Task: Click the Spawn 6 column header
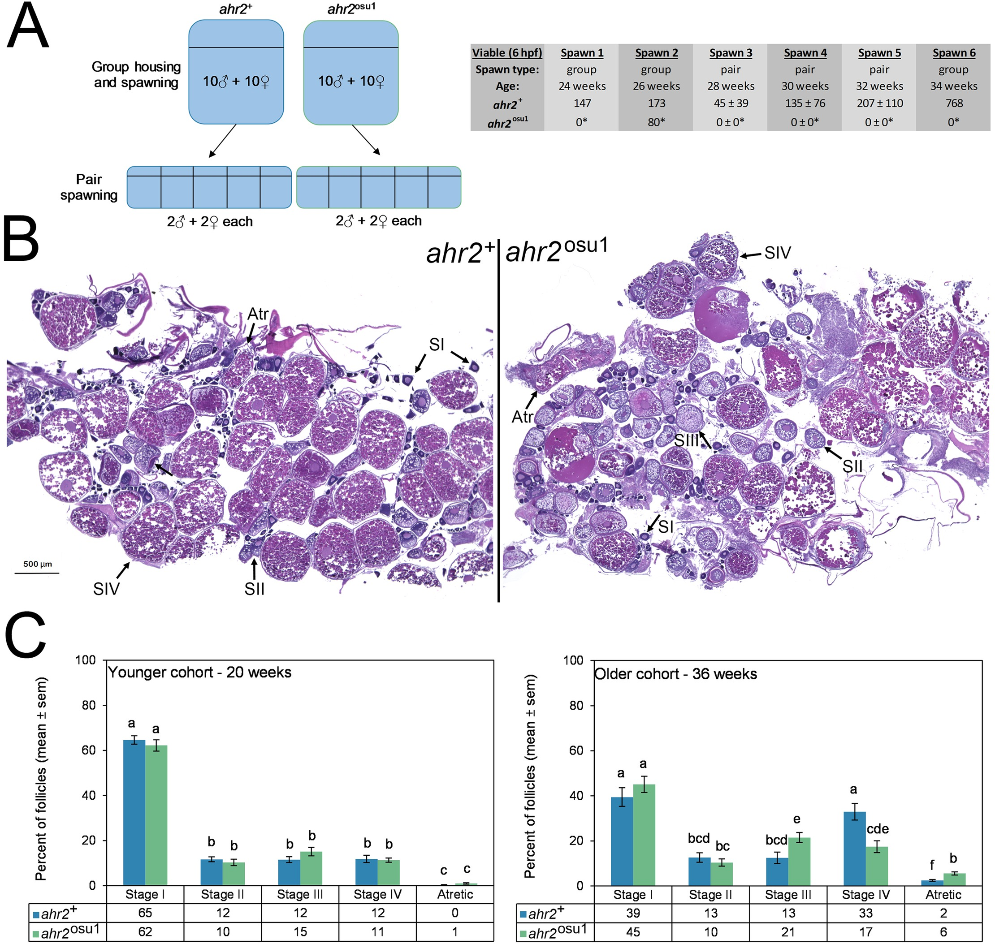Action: [953, 53]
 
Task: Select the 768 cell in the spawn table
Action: [953, 103]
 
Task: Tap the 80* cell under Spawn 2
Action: [656, 122]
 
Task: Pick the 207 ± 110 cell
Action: [879, 103]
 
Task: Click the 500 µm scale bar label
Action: [37, 564]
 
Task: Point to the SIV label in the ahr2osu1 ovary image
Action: [777, 253]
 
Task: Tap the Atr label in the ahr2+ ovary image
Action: [258, 314]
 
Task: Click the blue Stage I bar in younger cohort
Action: [134, 812]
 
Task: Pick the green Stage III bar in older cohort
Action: [799, 861]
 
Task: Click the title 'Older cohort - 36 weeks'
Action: [675, 674]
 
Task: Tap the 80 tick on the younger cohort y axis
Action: [89, 705]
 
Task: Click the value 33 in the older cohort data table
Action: [865, 913]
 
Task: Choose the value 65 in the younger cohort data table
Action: [145, 913]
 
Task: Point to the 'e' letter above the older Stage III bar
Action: [796, 819]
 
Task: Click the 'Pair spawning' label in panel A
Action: [89, 187]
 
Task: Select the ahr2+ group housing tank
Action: [236, 72]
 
